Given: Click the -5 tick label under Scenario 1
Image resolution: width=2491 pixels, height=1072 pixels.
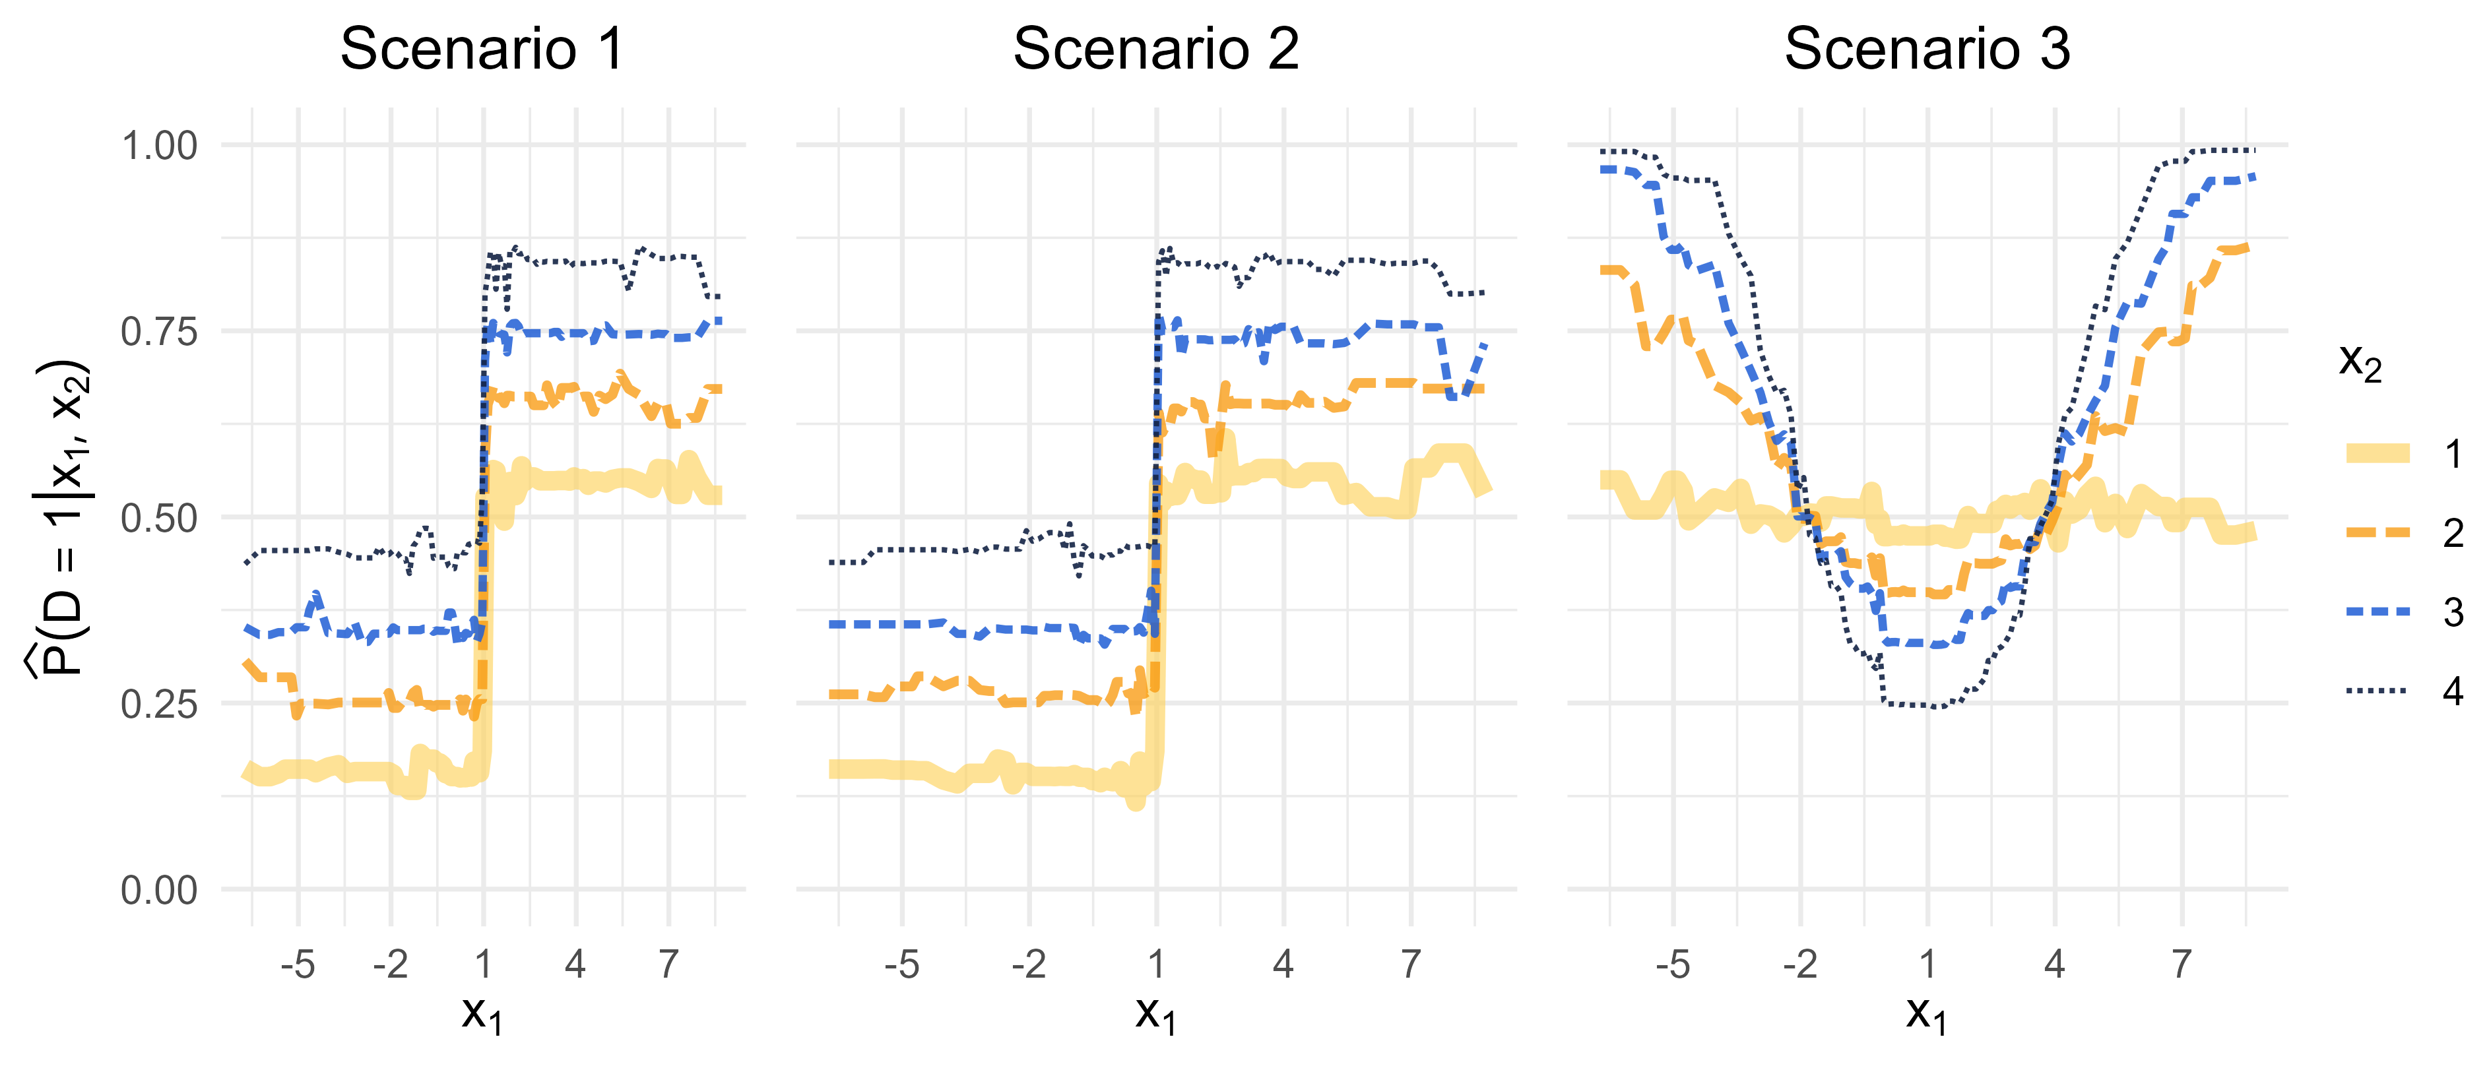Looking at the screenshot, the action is tap(298, 964).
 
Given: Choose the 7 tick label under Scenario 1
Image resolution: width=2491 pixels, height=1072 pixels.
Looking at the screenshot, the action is tap(668, 964).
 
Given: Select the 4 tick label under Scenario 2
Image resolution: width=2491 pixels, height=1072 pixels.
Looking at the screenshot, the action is tap(1283, 964).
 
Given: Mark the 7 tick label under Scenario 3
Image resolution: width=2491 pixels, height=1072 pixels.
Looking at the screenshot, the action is tap(2182, 964).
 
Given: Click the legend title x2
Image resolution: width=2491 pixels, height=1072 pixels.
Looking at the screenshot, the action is tap(2360, 363).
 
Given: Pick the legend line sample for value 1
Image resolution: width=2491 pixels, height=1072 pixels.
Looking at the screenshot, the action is tap(2378, 453).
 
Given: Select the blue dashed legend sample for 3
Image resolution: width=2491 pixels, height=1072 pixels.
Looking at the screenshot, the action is tap(2378, 612).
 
